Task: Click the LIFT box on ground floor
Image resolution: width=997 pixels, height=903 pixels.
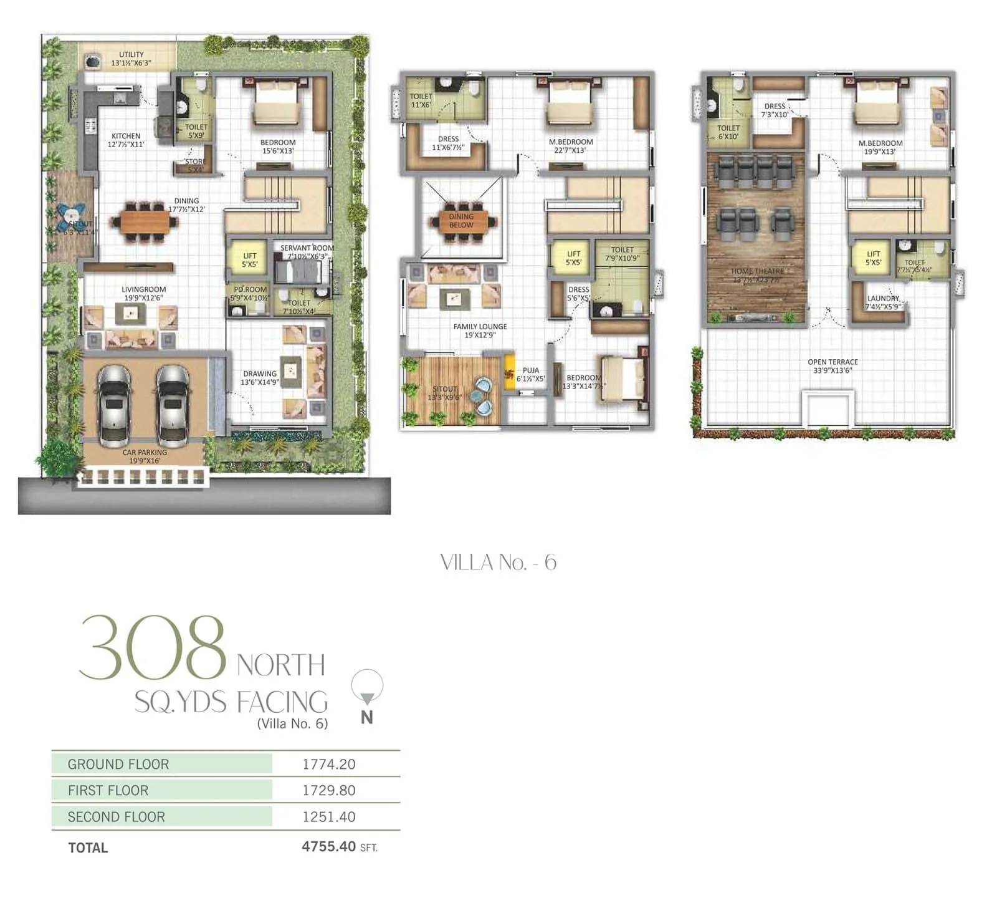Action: point(249,259)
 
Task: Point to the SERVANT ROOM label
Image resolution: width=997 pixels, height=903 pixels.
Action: point(307,248)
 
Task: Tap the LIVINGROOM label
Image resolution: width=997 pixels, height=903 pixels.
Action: point(143,289)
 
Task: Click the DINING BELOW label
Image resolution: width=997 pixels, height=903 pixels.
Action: point(461,221)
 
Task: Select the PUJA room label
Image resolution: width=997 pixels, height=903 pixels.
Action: point(531,370)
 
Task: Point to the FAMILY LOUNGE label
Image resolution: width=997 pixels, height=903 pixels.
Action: point(480,327)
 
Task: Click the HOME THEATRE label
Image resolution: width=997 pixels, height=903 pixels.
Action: point(757,271)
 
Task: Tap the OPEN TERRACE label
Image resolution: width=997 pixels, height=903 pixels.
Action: point(832,362)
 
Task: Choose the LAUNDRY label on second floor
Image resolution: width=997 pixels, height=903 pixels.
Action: point(882,299)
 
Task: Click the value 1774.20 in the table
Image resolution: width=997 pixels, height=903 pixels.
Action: point(328,764)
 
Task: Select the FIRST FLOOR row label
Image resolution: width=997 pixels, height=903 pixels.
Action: point(108,790)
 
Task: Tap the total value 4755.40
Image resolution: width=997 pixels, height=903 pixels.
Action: point(328,846)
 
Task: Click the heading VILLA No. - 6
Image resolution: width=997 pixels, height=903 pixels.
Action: point(498,563)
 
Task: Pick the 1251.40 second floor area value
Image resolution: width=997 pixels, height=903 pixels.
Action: point(328,816)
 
